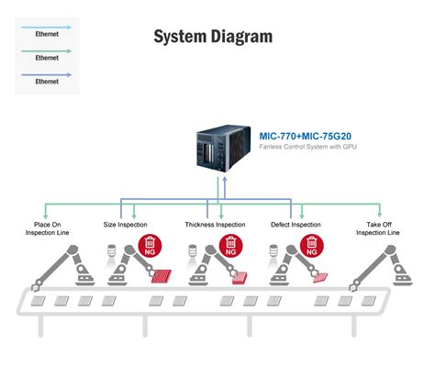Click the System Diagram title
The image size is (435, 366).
[x=212, y=37]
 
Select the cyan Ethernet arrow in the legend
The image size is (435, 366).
[x=47, y=27]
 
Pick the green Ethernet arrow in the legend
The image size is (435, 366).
[x=47, y=50]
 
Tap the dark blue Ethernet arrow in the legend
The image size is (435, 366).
[x=47, y=73]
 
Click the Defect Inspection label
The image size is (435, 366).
[x=296, y=225]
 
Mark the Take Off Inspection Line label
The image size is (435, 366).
[x=380, y=228]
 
